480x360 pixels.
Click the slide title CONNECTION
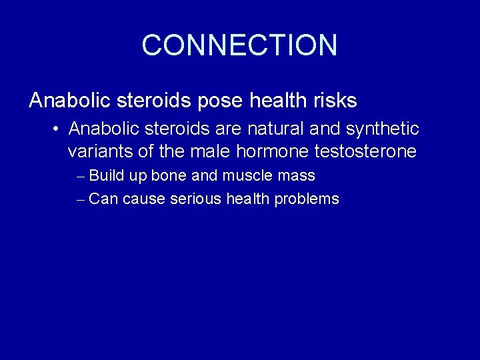239,45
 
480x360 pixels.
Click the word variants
100,151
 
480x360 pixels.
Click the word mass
299,177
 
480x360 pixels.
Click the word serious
196,199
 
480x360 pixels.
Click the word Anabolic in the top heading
69,101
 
